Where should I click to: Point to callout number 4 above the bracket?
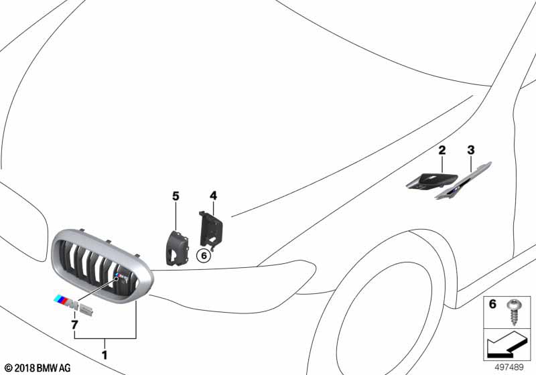point(213,196)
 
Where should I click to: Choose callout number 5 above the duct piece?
point(176,196)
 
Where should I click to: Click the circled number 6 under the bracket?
point(204,254)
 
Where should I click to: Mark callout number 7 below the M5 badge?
point(74,325)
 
